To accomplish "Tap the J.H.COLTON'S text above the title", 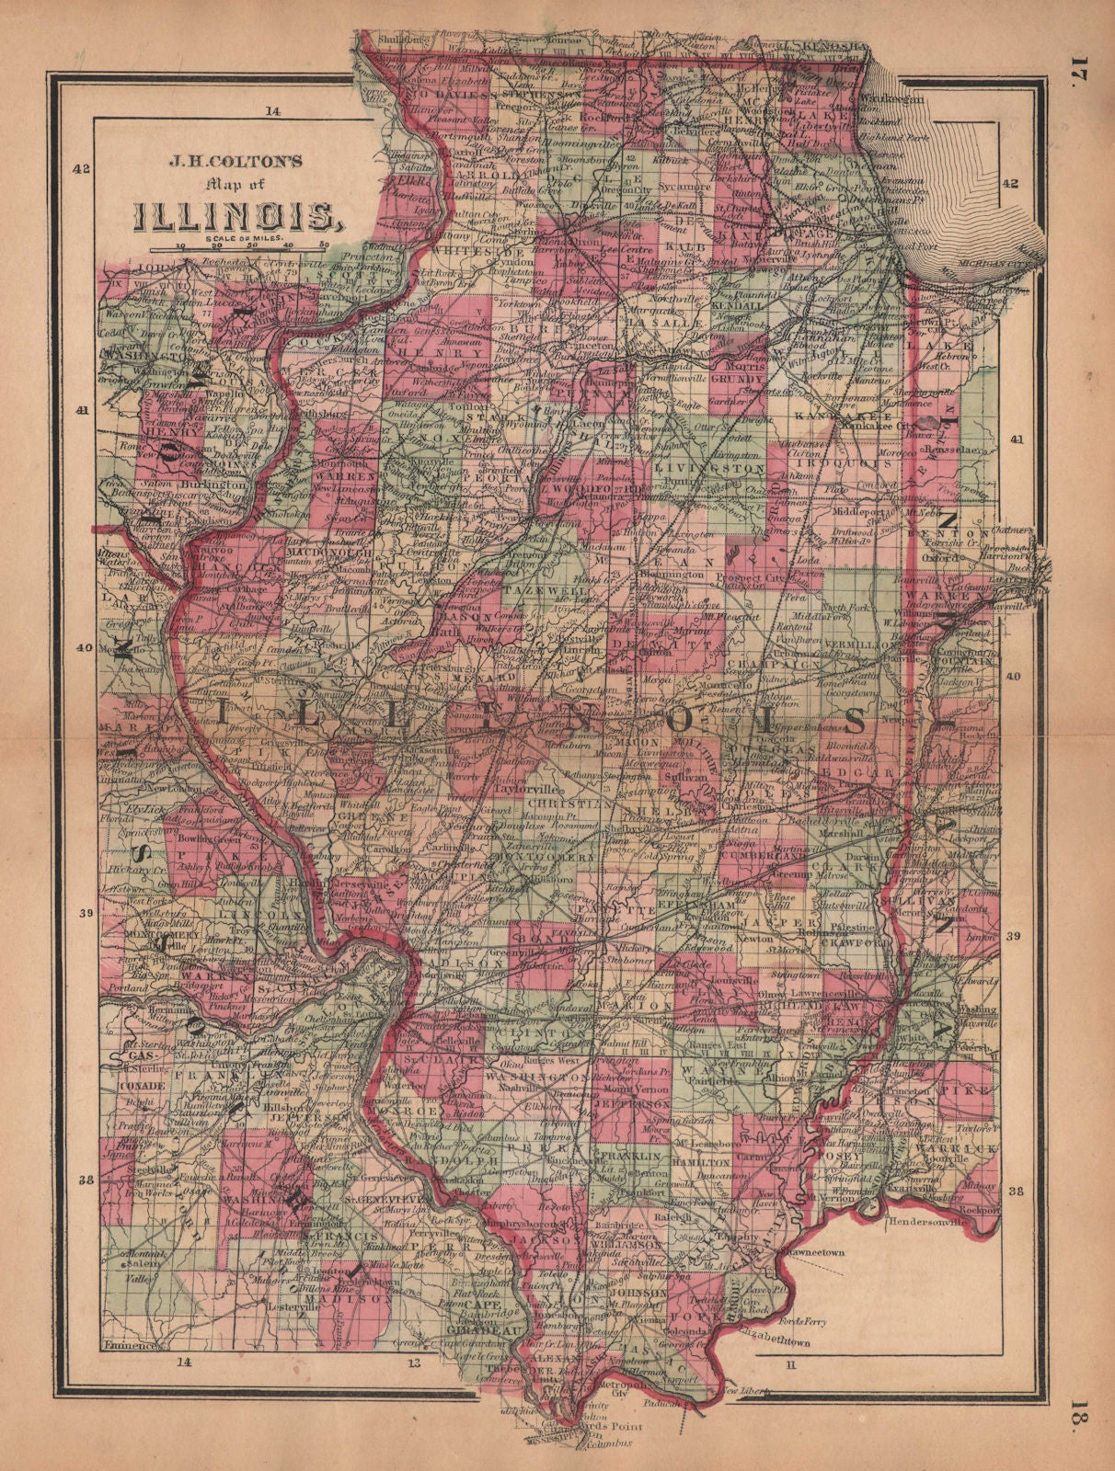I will (236, 160).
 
